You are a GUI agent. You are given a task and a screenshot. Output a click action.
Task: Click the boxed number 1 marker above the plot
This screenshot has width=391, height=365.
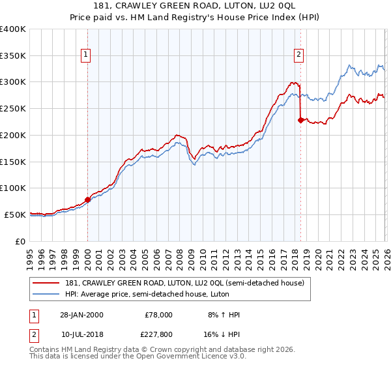[87, 55]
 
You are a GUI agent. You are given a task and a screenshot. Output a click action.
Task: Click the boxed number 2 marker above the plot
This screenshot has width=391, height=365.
[299, 55]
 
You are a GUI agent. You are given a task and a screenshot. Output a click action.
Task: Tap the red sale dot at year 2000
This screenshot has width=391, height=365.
[87, 199]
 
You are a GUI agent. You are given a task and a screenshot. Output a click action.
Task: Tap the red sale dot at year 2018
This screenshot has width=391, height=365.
[300, 120]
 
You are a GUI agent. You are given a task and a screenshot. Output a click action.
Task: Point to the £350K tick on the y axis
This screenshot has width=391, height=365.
[13, 56]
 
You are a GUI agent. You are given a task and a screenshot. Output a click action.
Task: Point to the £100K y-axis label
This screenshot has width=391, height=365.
[13, 188]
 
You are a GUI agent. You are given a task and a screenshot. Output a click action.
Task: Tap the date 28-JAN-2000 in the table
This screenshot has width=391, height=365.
[81, 315]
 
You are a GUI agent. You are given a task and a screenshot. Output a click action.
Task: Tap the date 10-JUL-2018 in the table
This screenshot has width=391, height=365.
[81, 334]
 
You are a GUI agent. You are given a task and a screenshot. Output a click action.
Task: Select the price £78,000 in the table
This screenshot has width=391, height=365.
[157, 315]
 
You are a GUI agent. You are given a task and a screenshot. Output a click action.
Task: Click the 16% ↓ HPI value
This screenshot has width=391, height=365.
[222, 334]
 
